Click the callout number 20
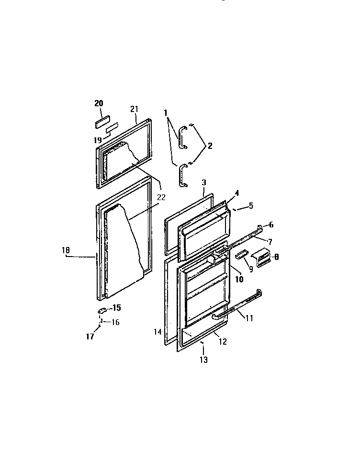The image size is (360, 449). pos(99,103)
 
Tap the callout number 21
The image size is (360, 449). pos(134,109)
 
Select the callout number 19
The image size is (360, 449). pos(98,141)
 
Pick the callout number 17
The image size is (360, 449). pos(90,337)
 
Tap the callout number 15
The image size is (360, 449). pos(116,308)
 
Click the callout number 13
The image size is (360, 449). pos(204,360)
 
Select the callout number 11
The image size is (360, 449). pos(249,317)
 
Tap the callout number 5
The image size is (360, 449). pos(251,206)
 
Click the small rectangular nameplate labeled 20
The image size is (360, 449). pos(102,121)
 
